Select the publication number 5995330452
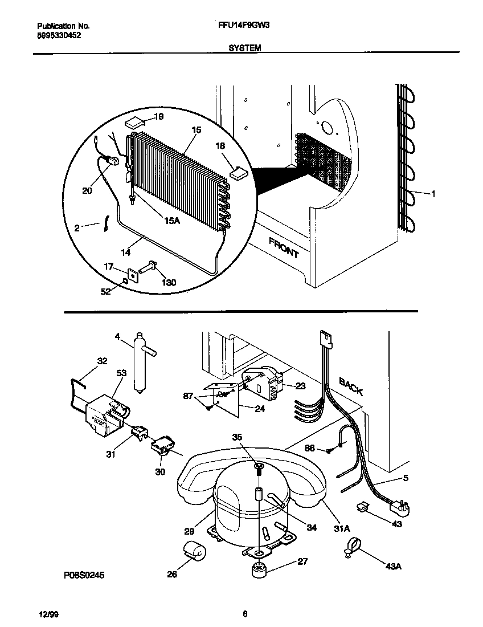[x=59, y=35]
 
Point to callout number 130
[x=169, y=282]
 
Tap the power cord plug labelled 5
[x=397, y=504]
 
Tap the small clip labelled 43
[x=361, y=506]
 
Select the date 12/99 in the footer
[x=46, y=614]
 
